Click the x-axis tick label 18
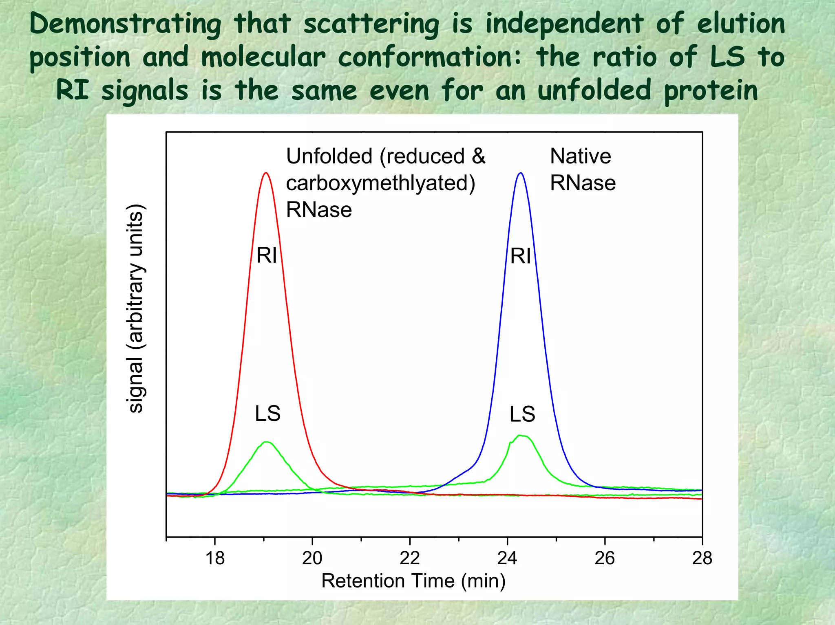pyautogui.click(x=215, y=558)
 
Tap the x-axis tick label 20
pyautogui.click(x=312, y=558)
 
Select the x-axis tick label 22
pyautogui.click(x=410, y=558)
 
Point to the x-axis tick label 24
pyautogui.click(x=507, y=558)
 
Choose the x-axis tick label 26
pyautogui.click(x=605, y=558)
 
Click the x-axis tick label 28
pyautogui.click(x=702, y=558)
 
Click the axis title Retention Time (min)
pyautogui.click(x=413, y=581)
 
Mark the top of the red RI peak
pyautogui.click(x=266, y=173)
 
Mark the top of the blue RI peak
pyautogui.click(x=520, y=173)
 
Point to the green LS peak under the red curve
pyautogui.click(x=267, y=442)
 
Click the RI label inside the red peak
pyautogui.click(x=267, y=256)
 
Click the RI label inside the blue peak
pyautogui.click(x=521, y=256)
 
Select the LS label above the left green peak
pyautogui.click(x=268, y=414)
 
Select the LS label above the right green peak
pyautogui.click(x=522, y=414)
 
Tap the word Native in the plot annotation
pyautogui.click(x=580, y=156)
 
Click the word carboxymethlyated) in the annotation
pyautogui.click(x=380, y=183)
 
